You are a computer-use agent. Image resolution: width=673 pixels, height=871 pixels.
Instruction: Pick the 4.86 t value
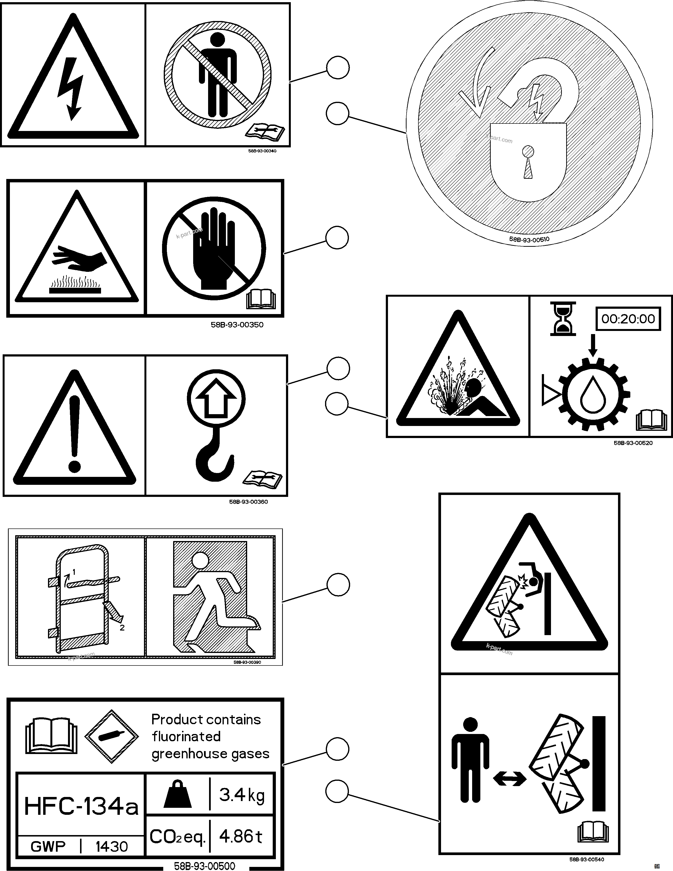[241, 836]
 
